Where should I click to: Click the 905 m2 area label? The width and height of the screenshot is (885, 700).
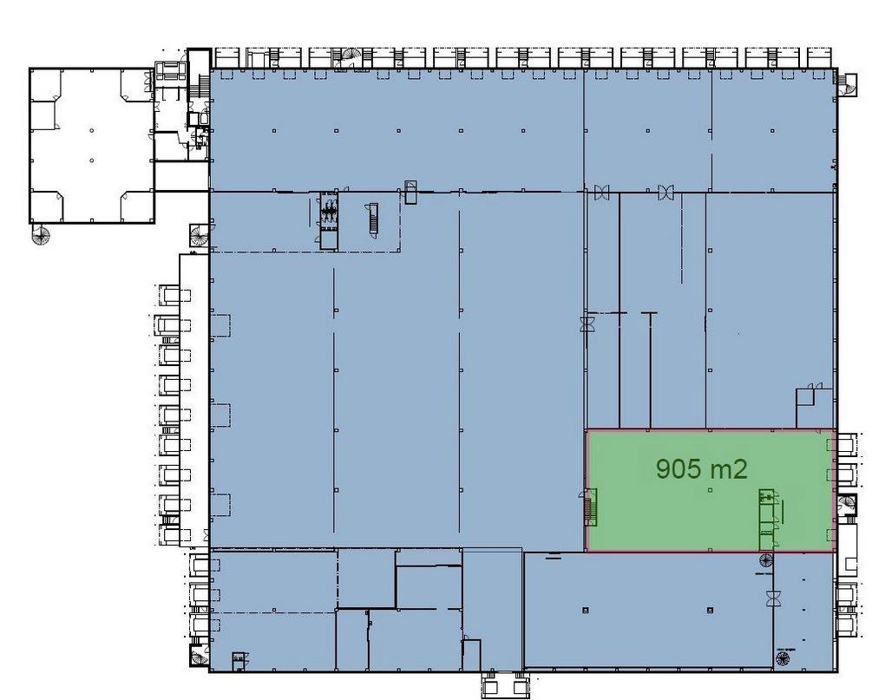point(702,468)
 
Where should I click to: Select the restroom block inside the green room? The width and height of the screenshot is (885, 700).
point(766,519)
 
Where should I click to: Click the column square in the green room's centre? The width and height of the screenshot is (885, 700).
point(710,490)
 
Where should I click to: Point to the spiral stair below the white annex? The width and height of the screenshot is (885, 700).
point(41,235)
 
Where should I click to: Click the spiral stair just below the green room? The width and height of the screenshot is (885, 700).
point(766,560)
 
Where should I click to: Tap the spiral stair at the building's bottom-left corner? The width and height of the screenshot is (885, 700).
point(200,657)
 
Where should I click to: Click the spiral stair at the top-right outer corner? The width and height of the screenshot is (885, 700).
point(847,85)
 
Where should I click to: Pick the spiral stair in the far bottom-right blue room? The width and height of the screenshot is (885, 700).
point(783,657)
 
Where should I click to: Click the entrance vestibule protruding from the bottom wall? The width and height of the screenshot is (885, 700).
point(505,685)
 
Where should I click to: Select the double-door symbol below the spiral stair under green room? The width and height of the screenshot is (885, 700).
point(773,599)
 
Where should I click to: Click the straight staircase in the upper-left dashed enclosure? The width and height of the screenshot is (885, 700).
point(372,217)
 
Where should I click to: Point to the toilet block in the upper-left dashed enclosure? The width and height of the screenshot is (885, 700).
point(329,220)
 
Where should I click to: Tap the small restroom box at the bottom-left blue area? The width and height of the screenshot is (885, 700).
point(239,660)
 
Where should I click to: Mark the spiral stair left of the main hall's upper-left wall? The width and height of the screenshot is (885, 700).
point(200,235)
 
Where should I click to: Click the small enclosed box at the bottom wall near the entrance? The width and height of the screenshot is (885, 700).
point(472,655)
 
